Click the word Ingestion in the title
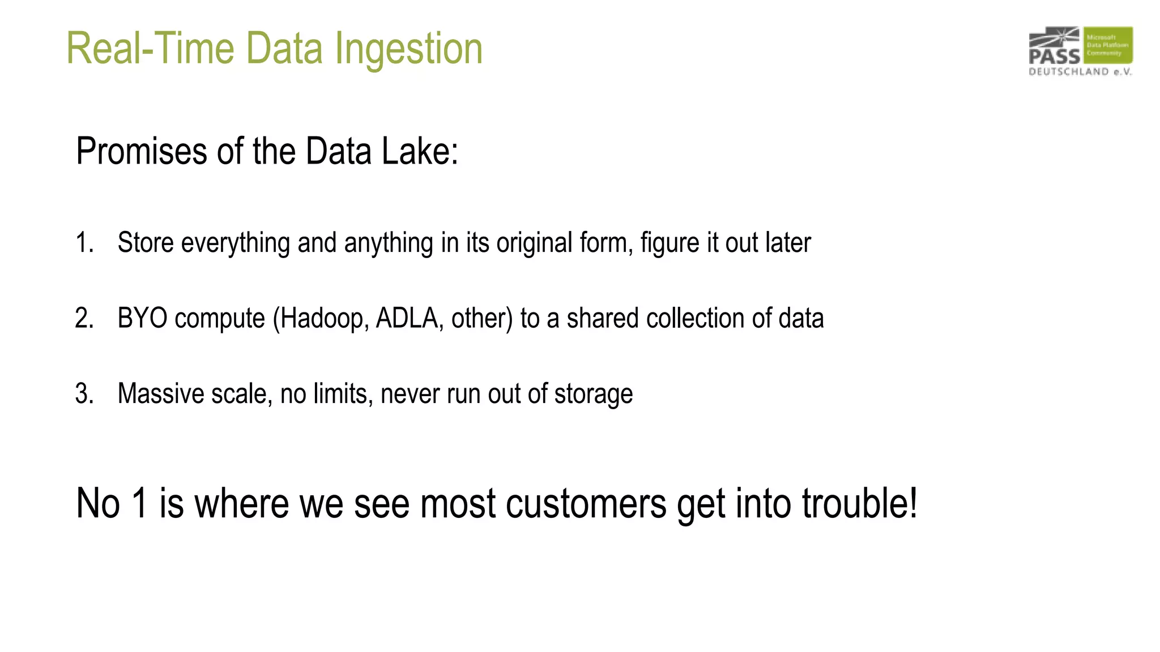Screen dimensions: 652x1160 click(408, 49)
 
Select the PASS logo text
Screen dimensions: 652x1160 click(1054, 56)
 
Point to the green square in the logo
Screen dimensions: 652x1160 click(1108, 45)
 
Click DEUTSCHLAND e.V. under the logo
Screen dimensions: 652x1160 click(1080, 72)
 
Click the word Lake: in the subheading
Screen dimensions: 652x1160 click(420, 152)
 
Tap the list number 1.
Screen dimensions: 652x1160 click(84, 243)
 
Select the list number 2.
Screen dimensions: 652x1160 click(84, 318)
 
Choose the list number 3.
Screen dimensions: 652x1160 click(84, 394)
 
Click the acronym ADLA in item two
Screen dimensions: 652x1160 click(410, 318)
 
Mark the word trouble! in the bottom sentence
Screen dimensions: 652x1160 click(859, 503)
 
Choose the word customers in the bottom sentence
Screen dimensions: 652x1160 click(586, 503)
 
